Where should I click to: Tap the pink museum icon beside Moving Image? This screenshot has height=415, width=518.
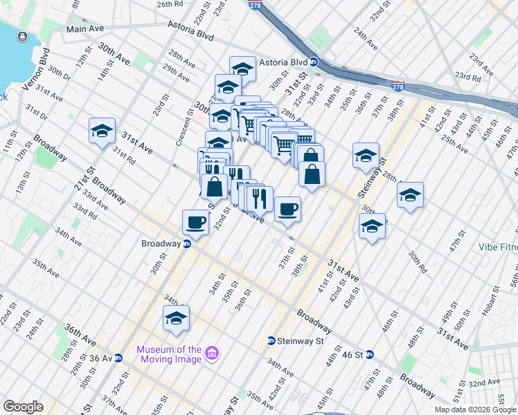coord(212,354)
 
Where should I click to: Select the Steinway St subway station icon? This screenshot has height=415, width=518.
coord(271,340)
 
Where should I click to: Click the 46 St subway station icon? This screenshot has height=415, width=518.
coord(370,354)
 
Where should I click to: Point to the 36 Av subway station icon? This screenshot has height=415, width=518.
coord(118,358)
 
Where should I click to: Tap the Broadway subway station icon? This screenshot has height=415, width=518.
coord(187,243)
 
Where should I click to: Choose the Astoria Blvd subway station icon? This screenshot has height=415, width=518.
coord(313,62)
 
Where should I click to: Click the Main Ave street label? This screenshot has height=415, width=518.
coord(84,29)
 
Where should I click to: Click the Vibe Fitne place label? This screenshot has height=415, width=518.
coord(498,247)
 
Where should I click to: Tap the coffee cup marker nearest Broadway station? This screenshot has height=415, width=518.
coord(195,222)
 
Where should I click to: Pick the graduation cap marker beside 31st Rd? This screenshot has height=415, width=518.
coord(102,130)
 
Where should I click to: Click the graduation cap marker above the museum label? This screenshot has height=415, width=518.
coord(176,317)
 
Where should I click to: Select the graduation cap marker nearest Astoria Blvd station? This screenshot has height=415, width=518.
coord(242,68)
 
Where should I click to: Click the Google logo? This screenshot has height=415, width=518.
coord(23,407)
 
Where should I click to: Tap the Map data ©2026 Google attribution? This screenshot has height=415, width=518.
coord(475,409)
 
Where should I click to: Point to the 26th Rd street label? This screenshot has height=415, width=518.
coord(169,4)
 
